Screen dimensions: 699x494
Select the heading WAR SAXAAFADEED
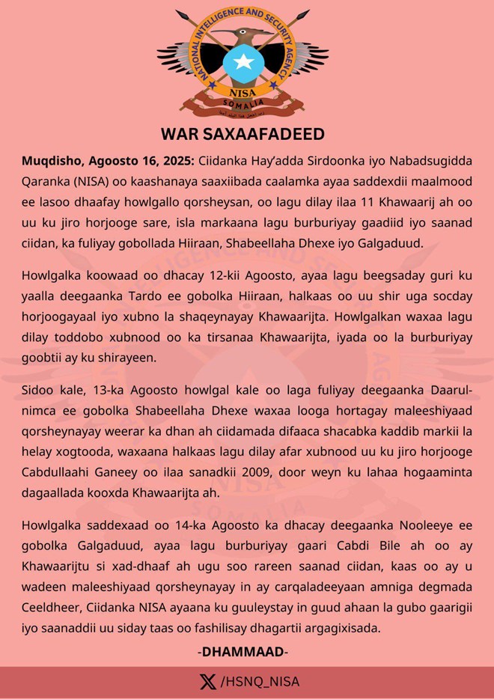(243, 135)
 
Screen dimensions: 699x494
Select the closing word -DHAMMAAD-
(243, 652)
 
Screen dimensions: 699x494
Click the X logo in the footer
(207, 682)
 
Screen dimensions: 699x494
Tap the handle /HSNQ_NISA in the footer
(260, 682)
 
